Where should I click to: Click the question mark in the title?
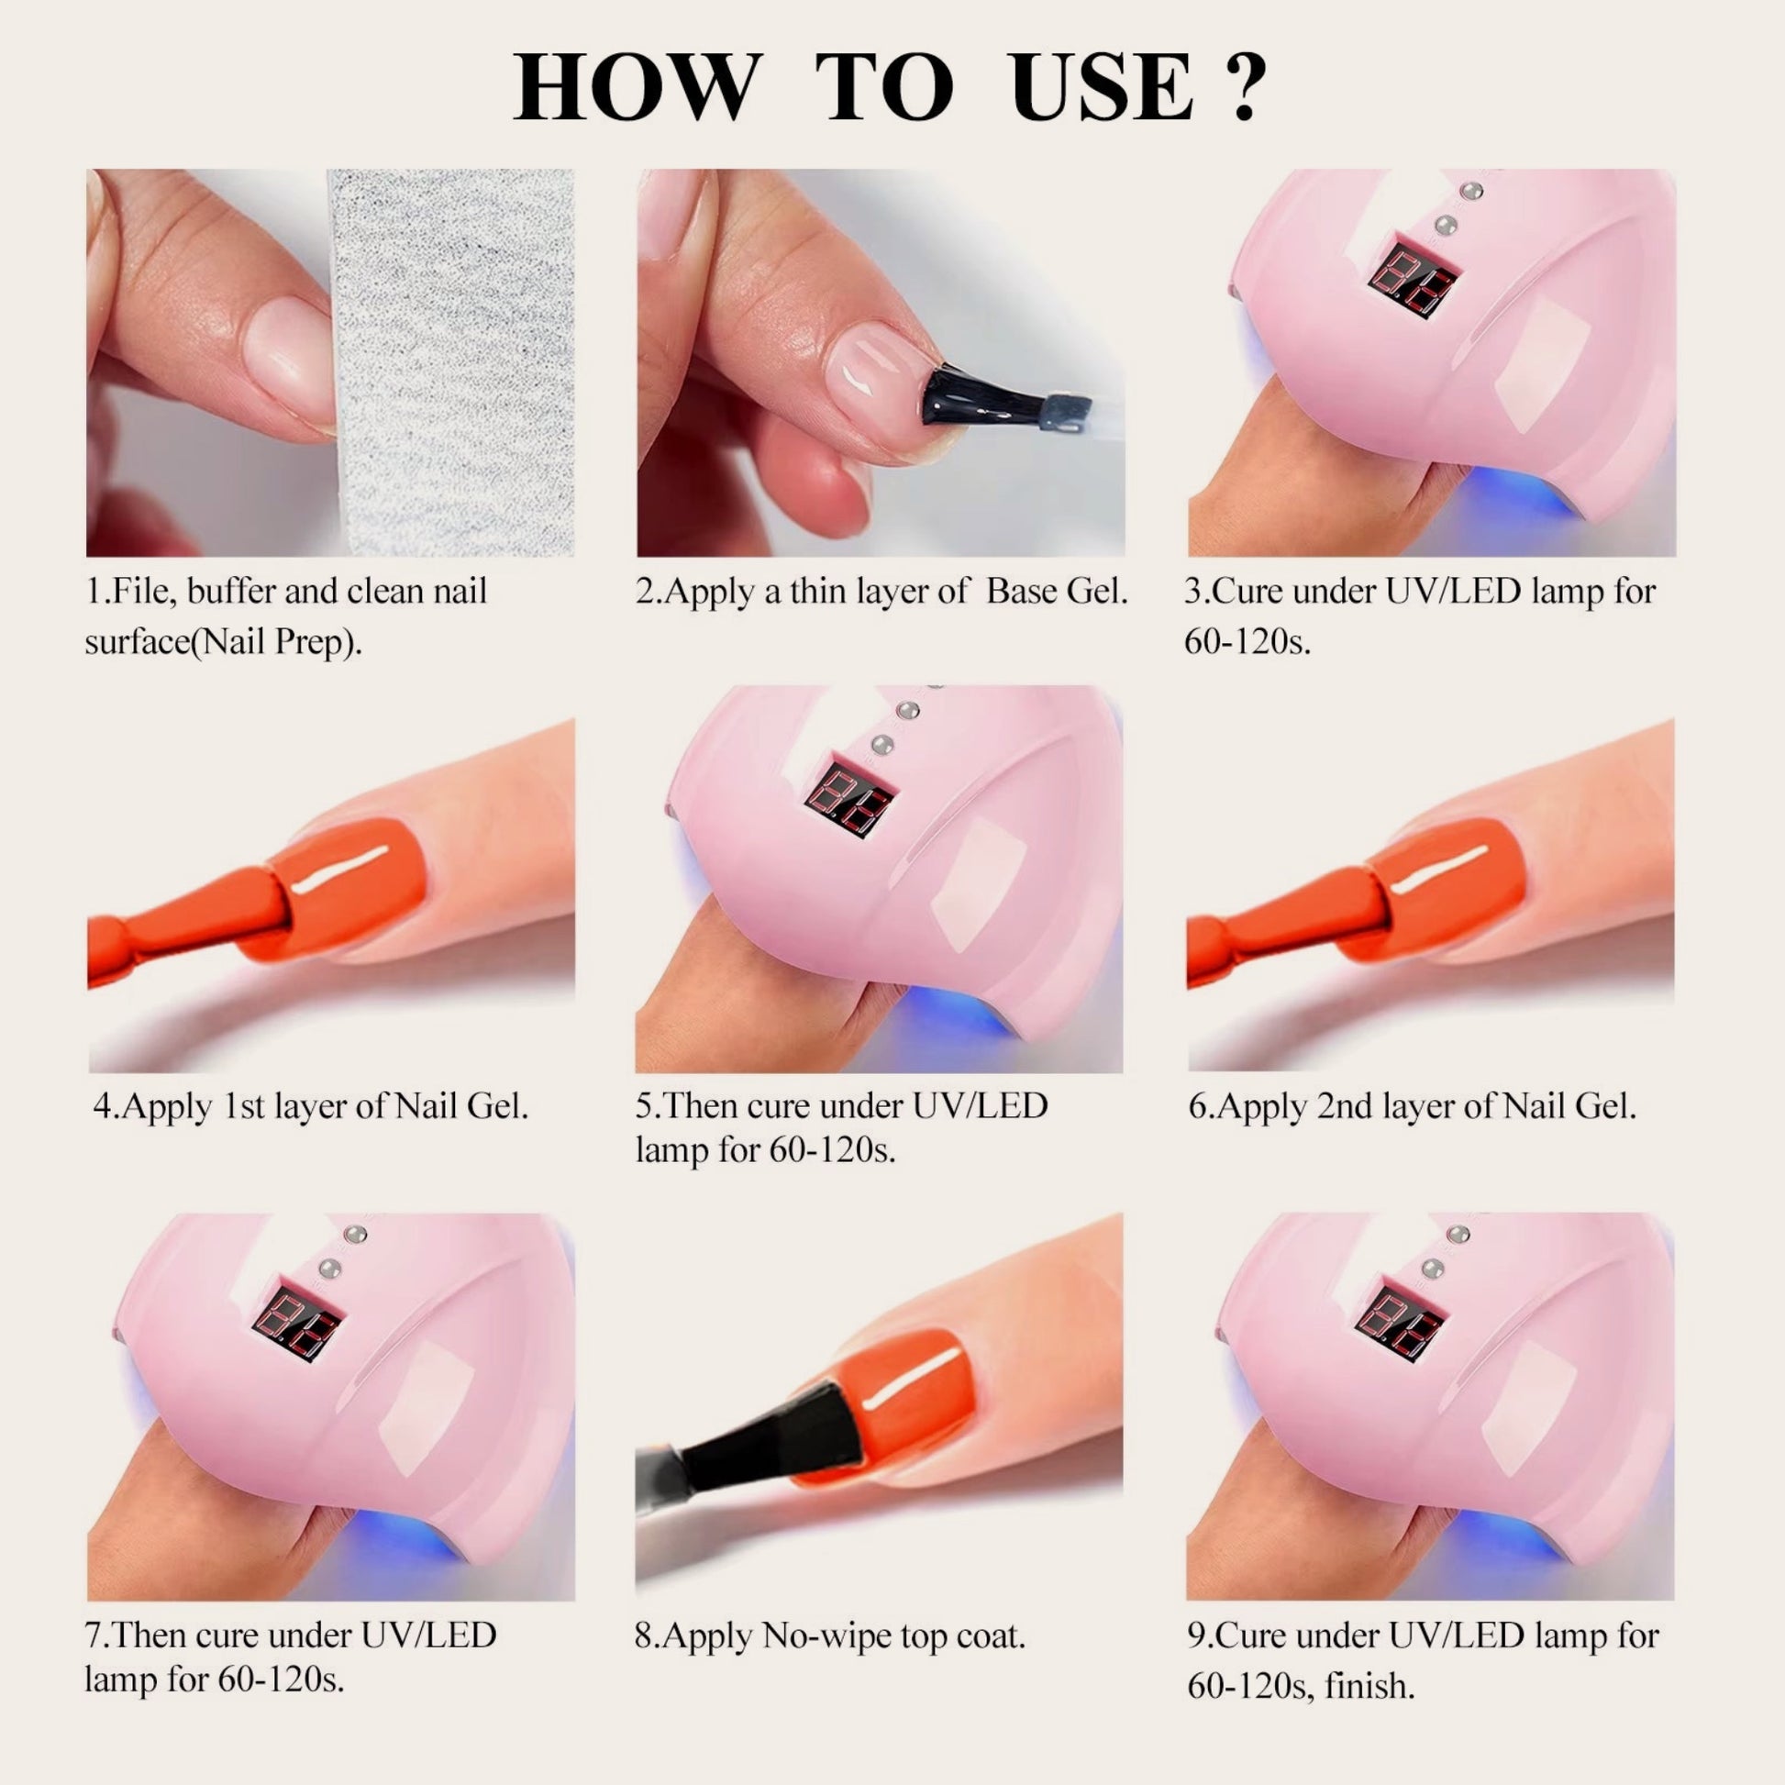pos(1243,89)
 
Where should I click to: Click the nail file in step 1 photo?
pos(451,362)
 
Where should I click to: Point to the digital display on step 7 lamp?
pos(298,1321)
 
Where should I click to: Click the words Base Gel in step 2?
pos(1057,592)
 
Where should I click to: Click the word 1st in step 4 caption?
pos(246,1106)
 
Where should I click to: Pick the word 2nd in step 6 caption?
pos(1343,1106)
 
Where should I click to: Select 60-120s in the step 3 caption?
pos(1247,640)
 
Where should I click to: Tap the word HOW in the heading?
pos(637,88)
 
